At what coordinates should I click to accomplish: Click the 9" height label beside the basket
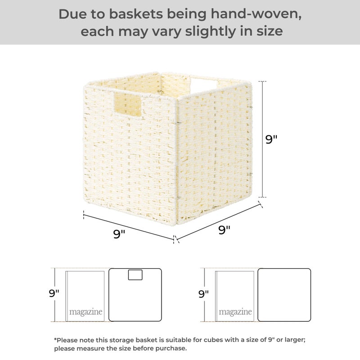tap(271, 139)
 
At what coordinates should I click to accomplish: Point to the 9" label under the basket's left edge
tap(119, 234)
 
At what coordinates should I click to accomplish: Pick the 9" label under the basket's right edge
tap(225, 229)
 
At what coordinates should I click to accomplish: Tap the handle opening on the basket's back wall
tap(205, 84)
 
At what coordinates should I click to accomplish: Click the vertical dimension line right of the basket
tap(263, 139)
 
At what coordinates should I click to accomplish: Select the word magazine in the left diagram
tap(85, 312)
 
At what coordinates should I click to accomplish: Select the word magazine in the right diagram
tap(235, 312)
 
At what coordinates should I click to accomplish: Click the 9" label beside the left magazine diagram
tap(54, 294)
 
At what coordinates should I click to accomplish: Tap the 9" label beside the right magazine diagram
tap(203, 294)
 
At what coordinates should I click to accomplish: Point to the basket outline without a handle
tap(284, 295)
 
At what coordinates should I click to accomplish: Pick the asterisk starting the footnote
tap(55, 340)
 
